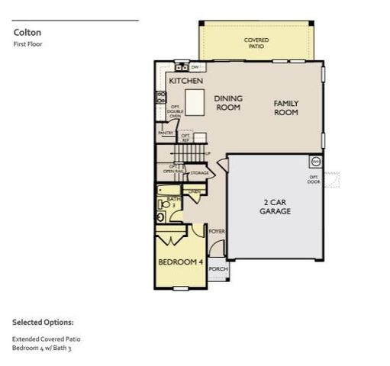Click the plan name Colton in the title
27,33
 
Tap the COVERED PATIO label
256,43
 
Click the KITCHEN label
185,80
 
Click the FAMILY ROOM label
286,108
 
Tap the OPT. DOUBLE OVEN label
175,111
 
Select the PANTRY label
166,133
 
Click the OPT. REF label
185,138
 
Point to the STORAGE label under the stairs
199,173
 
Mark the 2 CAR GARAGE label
275,207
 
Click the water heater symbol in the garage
315,162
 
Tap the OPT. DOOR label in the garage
314,179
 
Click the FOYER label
217,230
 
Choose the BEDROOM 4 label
180,262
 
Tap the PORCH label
218,268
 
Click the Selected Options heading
43,323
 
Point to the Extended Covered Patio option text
46,339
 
